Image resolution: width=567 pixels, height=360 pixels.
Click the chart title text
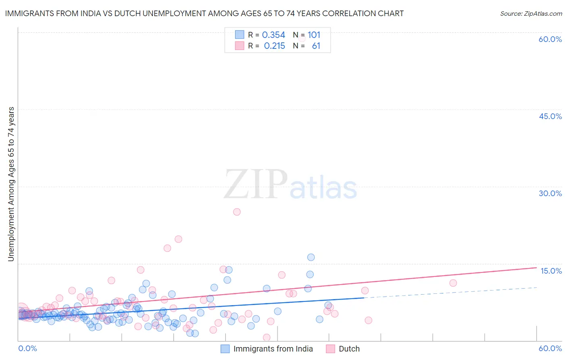(x=204, y=14)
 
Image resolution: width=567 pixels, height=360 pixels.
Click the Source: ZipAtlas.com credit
(x=531, y=14)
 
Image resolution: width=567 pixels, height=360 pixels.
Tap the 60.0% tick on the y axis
(x=550, y=39)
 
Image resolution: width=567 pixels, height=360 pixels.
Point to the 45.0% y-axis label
(x=550, y=116)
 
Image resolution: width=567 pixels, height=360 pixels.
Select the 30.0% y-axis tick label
(x=550, y=193)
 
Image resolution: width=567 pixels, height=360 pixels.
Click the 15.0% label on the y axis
(x=551, y=271)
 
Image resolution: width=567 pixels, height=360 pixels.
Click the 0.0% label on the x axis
(x=27, y=348)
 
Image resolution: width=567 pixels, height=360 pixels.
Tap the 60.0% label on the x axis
(x=550, y=348)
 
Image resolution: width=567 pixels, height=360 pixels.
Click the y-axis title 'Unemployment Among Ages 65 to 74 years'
(x=11, y=184)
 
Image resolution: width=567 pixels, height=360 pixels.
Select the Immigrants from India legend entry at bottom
(x=273, y=349)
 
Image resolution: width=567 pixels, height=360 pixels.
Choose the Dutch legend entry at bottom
(x=349, y=349)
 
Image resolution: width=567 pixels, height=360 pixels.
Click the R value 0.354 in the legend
(x=273, y=35)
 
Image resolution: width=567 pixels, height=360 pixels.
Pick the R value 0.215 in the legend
(x=274, y=46)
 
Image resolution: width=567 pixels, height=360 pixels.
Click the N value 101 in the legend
(x=314, y=35)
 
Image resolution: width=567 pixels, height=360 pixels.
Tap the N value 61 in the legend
(x=316, y=46)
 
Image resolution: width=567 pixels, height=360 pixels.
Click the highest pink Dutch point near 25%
(x=237, y=212)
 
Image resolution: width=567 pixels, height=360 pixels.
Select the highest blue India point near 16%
(x=311, y=257)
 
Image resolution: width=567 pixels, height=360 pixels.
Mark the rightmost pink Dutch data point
(x=453, y=283)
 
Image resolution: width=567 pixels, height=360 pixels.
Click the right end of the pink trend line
(x=536, y=268)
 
